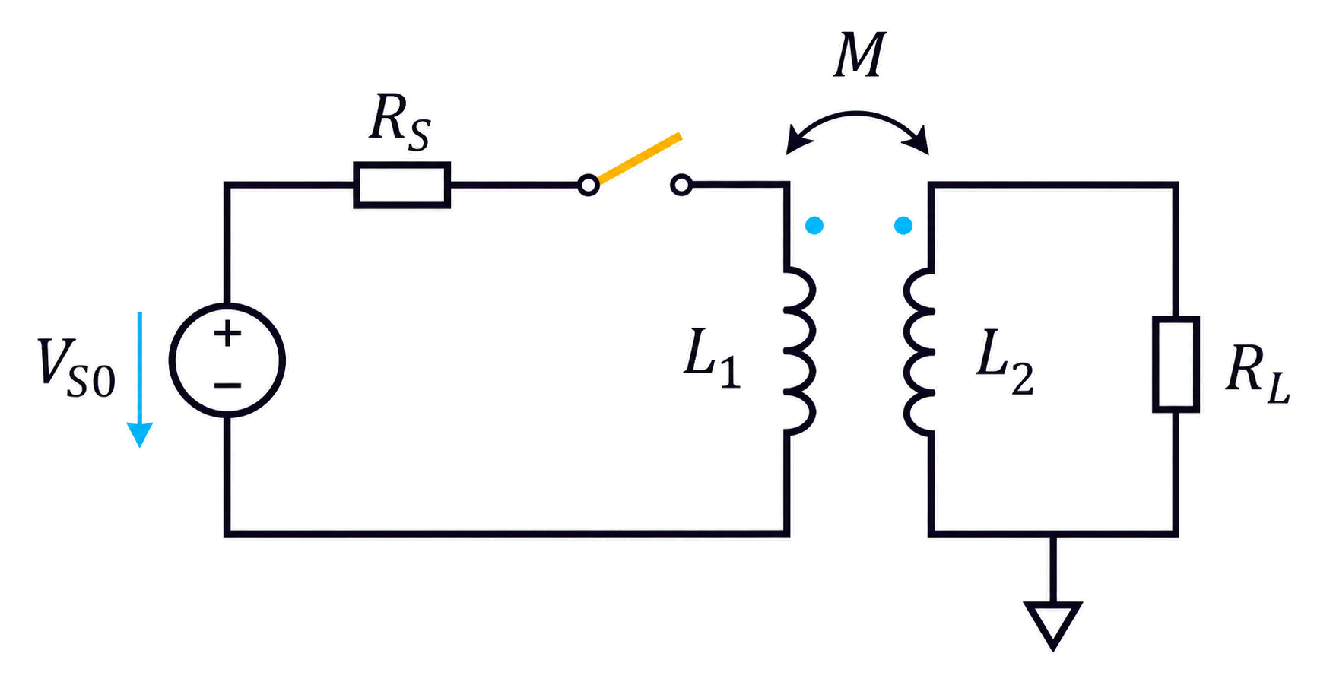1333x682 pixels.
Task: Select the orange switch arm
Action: pyautogui.click(x=639, y=159)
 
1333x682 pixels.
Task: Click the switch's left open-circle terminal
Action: pyautogui.click(x=588, y=185)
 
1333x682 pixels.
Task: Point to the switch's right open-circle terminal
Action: pyautogui.click(x=681, y=185)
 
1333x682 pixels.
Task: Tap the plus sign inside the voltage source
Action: pyautogui.click(x=227, y=333)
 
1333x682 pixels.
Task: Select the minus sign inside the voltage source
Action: pyautogui.click(x=227, y=385)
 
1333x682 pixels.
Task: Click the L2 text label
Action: pyautogui.click(x=1005, y=362)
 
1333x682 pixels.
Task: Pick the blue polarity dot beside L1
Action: pyautogui.click(x=814, y=225)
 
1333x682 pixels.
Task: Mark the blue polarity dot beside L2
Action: pyautogui.click(x=903, y=225)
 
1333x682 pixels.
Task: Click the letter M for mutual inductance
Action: pyautogui.click(x=859, y=56)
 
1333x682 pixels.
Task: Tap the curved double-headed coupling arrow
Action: pyautogui.click(x=858, y=114)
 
